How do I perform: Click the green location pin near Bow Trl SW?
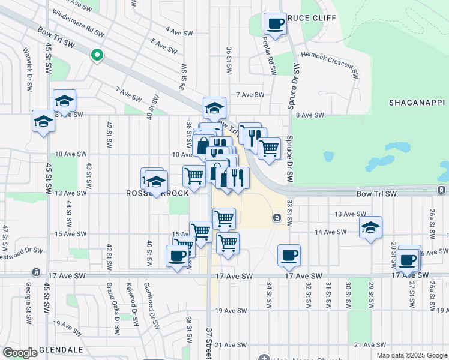pos(97,56)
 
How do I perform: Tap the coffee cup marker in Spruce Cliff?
pos(276,25)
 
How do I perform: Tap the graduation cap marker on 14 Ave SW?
pos(371,227)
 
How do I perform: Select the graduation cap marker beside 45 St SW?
pos(43,122)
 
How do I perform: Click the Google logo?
pos(20,353)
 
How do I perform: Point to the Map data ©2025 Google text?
pos(411,355)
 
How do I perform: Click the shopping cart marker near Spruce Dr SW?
pos(270,146)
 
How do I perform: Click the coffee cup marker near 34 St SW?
pos(289,256)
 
